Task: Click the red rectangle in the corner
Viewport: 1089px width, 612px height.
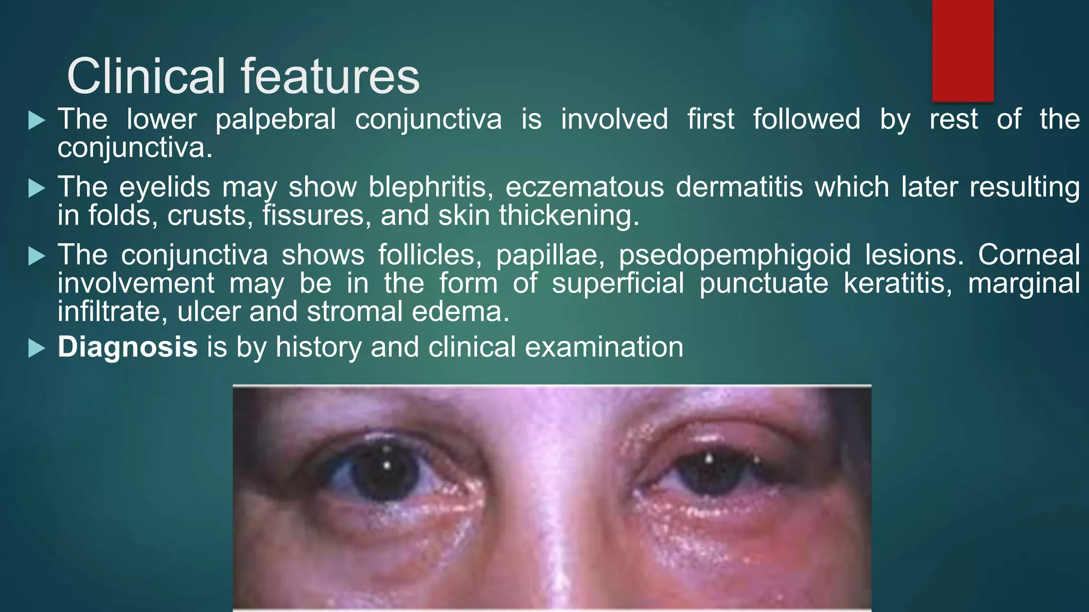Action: click(962, 50)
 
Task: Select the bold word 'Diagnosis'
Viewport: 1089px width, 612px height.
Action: click(128, 347)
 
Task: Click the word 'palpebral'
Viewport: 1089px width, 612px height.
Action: click(275, 120)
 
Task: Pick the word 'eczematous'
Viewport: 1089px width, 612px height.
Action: click(584, 188)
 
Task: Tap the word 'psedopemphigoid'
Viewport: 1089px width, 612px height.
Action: click(735, 256)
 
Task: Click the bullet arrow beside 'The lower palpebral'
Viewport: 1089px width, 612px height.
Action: click(36, 121)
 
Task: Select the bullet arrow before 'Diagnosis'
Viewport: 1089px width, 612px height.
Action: click(36, 348)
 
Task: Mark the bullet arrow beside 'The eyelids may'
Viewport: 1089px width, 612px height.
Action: click(36, 188)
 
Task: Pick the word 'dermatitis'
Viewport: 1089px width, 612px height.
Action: click(739, 188)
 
